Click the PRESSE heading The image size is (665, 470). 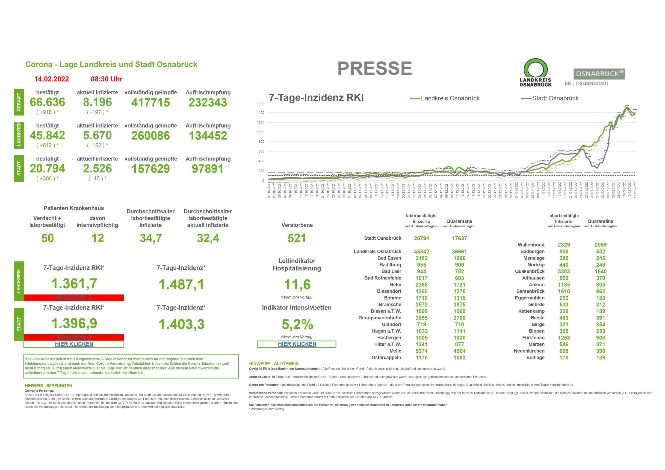pyautogui.click(x=374, y=69)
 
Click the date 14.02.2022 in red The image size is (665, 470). pyautogui.click(x=52, y=79)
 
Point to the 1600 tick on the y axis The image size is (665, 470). pyautogui.click(x=260, y=103)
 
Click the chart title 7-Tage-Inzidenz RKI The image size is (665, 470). pyautogui.click(x=316, y=98)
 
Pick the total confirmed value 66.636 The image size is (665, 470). pyautogui.click(x=48, y=102)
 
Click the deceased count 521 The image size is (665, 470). pyautogui.click(x=297, y=238)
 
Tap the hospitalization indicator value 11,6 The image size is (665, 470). pyautogui.click(x=297, y=284)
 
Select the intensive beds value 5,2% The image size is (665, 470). pyautogui.click(x=297, y=325)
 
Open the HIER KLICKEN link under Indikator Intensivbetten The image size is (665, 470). pyautogui.click(x=297, y=344)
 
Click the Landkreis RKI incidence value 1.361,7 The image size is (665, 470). pyautogui.click(x=74, y=284)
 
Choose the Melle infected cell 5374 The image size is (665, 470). pyautogui.click(x=421, y=351)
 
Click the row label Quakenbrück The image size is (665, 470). pyautogui.click(x=530, y=272)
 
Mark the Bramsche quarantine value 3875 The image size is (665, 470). pyautogui.click(x=459, y=304)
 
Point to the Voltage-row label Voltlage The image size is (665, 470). pyautogui.click(x=535, y=358)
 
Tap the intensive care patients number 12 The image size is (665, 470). pyautogui.click(x=97, y=238)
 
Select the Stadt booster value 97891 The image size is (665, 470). pyautogui.click(x=208, y=169)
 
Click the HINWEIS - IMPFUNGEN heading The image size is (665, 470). pyautogui.click(x=48, y=386)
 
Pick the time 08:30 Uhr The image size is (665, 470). pyautogui.click(x=107, y=79)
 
